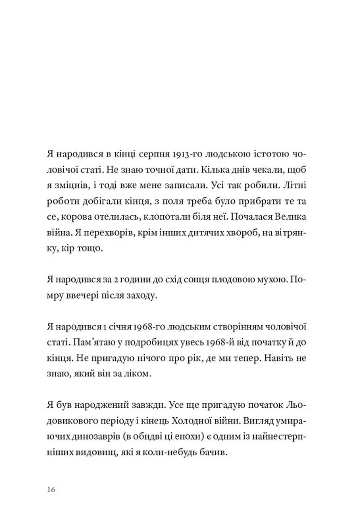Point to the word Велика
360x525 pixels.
pyautogui.click(x=290, y=217)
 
